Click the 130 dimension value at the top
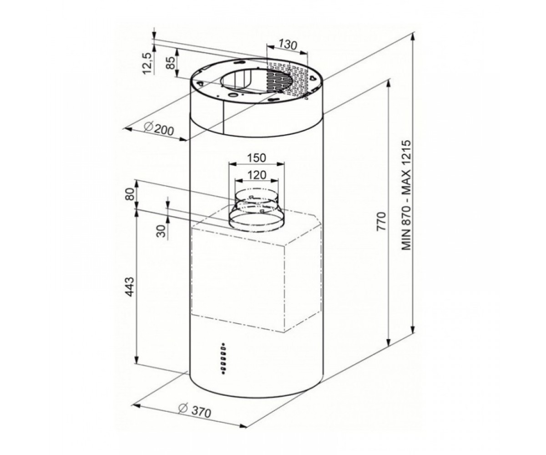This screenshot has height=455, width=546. click(x=288, y=45)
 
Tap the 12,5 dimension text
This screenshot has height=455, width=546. click(x=148, y=63)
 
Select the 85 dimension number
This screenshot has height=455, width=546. click(x=171, y=63)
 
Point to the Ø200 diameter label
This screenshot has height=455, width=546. click(x=159, y=129)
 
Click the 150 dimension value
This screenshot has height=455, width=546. click(x=257, y=158)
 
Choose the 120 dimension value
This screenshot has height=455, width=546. click(x=257, y=175)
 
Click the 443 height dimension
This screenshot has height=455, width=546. click(x=130, y=287)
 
